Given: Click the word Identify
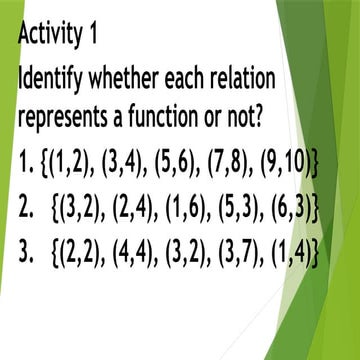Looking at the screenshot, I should [x=55, y=80].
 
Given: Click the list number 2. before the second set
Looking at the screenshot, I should [x=26, y=208].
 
